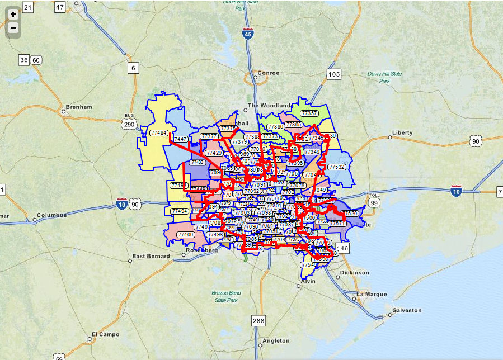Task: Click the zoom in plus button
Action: tap(13, 14)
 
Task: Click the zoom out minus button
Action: tap(13, 27)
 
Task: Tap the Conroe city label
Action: tap(267, 73)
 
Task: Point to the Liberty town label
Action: tap(402, 132)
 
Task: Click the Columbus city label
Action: tap(51, 215)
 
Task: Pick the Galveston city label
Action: tap(407, 310)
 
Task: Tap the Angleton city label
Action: tap(276, 340)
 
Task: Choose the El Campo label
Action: tap(105, 335)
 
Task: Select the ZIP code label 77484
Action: tap(159, 132)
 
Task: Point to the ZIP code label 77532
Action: tap(337, 167)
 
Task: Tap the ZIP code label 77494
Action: tap(180, 211)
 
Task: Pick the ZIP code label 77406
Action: tap(186, 234)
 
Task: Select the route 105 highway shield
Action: tap(334, 74)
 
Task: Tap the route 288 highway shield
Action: tap(258, 320)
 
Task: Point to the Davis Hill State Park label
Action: tap(384, 77)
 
